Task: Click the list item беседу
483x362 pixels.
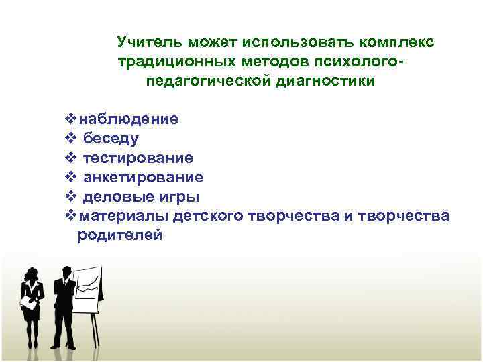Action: [111, 139]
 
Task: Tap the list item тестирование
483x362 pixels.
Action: [138, 158]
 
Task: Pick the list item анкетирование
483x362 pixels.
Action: [143, 178]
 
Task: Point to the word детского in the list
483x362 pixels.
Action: [209, 217]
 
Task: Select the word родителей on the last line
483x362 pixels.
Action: [120, 235]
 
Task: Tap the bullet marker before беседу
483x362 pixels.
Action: [72, 139]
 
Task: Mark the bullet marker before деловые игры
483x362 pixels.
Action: [72, 197]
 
